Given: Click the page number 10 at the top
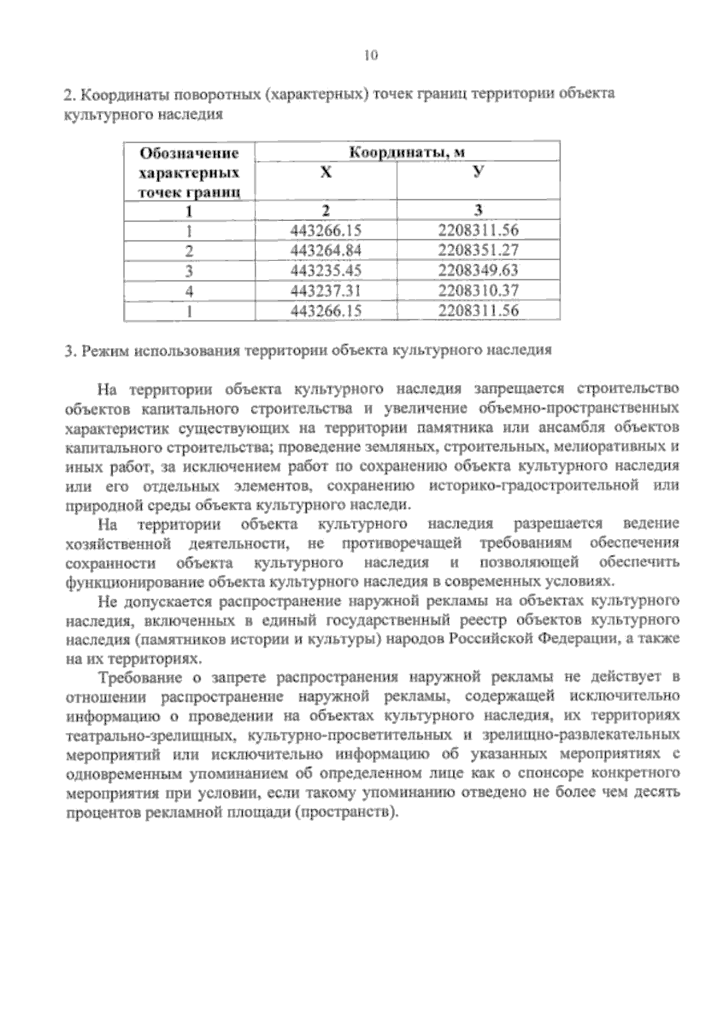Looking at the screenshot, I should point(371,56).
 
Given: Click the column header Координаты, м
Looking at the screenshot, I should point(407,152).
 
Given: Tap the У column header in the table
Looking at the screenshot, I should point(477,173).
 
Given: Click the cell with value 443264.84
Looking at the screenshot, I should point(326,251).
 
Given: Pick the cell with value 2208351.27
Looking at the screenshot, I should point(478,251).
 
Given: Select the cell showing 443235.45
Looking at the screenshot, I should point(326,271).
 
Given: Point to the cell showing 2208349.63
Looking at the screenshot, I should point(478,271).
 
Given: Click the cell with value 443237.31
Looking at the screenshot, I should point(326,291).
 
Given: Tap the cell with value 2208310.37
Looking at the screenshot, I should point(478,291).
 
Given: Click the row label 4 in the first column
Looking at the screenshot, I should point(189,291).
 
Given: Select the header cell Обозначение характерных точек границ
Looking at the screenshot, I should point(189,173).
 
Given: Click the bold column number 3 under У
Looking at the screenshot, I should point(478,210).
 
